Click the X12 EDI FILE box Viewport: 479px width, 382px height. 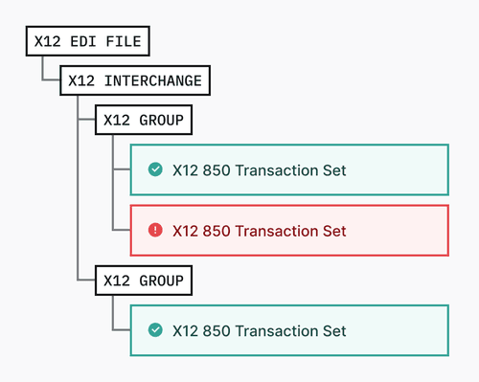(88, 42)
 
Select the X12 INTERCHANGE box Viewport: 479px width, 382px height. (135, 81)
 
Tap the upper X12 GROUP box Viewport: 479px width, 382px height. (144, 121)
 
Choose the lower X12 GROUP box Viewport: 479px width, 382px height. (144, 281)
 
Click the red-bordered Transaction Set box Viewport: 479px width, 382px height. (289, 230)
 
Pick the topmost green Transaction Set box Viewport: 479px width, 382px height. (289, 169)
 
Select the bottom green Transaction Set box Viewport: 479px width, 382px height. (289, 330)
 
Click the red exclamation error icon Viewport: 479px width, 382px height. (155, 230)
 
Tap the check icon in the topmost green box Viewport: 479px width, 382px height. (155, 169)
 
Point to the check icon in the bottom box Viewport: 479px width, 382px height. (155, 330)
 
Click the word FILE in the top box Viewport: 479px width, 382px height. (125, 42)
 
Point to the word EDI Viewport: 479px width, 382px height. (88, 42)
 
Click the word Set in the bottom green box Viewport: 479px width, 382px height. (333, 330)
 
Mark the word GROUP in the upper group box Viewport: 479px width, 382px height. (159, 121)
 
